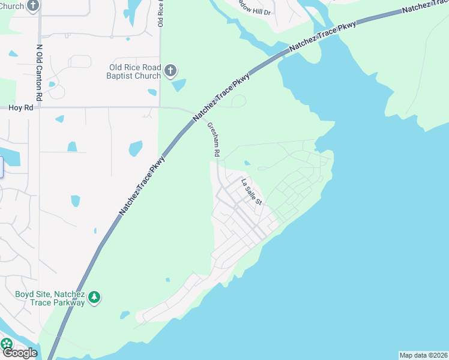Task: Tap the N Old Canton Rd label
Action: click(39, 73)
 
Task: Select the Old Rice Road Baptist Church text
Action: click(134, 72)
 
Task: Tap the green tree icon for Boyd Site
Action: click(94, 298)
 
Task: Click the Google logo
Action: click(19, 353)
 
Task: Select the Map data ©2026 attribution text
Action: click(423, 355)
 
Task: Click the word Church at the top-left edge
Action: click(11, 6)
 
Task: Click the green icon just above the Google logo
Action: click(7, 344)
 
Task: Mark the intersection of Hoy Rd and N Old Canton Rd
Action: click(39, 108)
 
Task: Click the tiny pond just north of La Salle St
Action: click(247, 162)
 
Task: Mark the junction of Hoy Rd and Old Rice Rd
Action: click(160, 108)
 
